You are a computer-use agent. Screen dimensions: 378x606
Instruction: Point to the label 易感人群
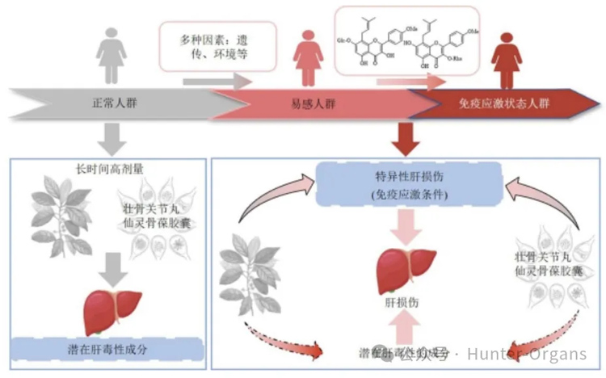coord(313,105)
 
